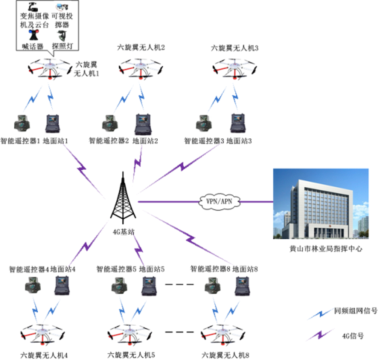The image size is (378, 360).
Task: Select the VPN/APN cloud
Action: click(219, 201)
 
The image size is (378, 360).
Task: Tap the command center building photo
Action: click(321, 204)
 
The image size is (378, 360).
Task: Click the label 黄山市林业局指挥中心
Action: click(326, 249)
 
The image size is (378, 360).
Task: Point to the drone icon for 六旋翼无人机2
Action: click(140, 68)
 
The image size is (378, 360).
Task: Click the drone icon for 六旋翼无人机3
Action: click(234, 68)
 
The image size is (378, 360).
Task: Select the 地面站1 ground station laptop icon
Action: click(52, 124)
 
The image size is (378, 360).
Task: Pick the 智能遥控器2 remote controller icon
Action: click(110, 124)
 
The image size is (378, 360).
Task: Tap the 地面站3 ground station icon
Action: click(238, 123)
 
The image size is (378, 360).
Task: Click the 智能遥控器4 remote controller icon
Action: click(33, 285)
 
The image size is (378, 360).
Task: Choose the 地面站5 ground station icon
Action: click(149, 286)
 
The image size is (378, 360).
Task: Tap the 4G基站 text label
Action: click(123, 232)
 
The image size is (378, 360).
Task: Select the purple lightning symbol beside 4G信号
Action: click(320, 335)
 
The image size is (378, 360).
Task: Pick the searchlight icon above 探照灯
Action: click(62, 36)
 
